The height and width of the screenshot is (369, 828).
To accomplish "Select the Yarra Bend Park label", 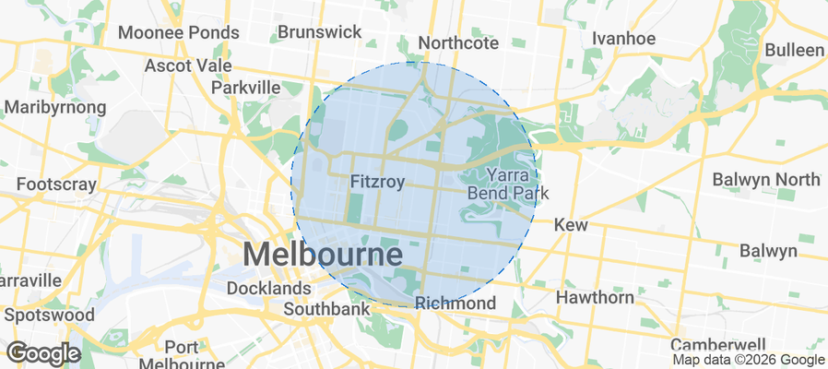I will click(508, 184).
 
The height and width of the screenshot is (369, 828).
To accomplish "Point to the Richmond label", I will click(455, 303).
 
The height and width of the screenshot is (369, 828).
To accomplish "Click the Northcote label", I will click(458, 43).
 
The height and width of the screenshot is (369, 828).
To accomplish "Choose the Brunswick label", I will click(320, 32).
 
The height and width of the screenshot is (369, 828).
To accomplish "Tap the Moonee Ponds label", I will click(179, 32).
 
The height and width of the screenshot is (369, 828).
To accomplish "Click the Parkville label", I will click(245, 87).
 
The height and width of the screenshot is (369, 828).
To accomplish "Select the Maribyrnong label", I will click(55, 107).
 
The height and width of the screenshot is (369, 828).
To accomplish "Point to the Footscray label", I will click(56, 184).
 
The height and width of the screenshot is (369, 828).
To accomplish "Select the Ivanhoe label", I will click(623, 38).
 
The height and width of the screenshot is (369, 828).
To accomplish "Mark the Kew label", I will click(572, 225).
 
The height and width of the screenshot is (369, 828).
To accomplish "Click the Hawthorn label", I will click(595, 297).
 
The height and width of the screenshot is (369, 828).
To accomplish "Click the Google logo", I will click(43, 352).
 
